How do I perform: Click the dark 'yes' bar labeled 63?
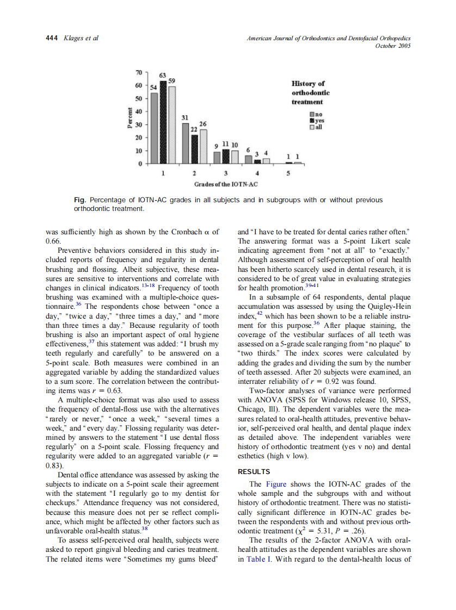pyautogui.click(x=163, y=122)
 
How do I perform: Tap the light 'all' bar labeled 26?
pyautogui.click(x=203, y=146)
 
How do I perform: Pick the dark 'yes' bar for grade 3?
pyautogui.click(x=226, y=157)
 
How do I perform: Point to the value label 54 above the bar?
pyautogui.click(x=153, y=88)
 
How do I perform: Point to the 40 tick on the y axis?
pyautogui.click(x=139, y=111)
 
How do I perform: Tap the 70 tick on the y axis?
pyautogui.click(x=139, y=72)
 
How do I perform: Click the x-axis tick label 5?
pyautogui.click(x=288, y=174)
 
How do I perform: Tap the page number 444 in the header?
pyautogui.click(x=52, y=38)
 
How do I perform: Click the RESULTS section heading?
pyautogui.click(x=254, y=471)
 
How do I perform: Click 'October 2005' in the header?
pyautogui.click(x=393, y=46)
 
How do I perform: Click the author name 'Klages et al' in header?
pyautogui.click(x=81, y=38)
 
